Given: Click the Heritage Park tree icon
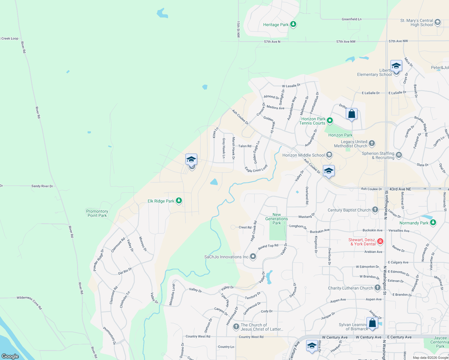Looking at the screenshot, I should [293, 24].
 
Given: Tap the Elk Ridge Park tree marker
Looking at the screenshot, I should [179, 201].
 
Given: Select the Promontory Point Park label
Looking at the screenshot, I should [97, 213].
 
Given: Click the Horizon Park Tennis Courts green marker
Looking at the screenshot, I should [330, 121].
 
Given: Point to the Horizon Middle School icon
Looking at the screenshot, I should [329, 155].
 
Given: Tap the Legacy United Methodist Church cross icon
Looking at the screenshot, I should [372, 143].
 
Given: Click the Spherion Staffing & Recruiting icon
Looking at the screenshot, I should [399, 155].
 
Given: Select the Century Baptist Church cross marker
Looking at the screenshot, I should [375, 210].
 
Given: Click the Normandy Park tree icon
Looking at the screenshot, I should [433, 223].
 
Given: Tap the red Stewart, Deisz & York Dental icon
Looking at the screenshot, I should [380, 241].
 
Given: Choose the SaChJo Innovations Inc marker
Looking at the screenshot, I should [253, 256].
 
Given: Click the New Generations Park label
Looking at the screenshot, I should [276, 219].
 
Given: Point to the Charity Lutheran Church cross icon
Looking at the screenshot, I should [378, 288].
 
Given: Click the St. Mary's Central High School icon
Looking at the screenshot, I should [438, 22].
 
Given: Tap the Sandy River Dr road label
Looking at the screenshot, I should [42, 186].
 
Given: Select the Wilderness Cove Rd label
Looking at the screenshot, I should [29, 302].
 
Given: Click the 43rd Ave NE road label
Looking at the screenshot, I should [400, 189].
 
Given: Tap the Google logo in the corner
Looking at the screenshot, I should [10, 356].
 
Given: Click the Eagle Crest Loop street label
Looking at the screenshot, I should [256, 169].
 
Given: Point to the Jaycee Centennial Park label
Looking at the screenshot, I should [440, 342].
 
